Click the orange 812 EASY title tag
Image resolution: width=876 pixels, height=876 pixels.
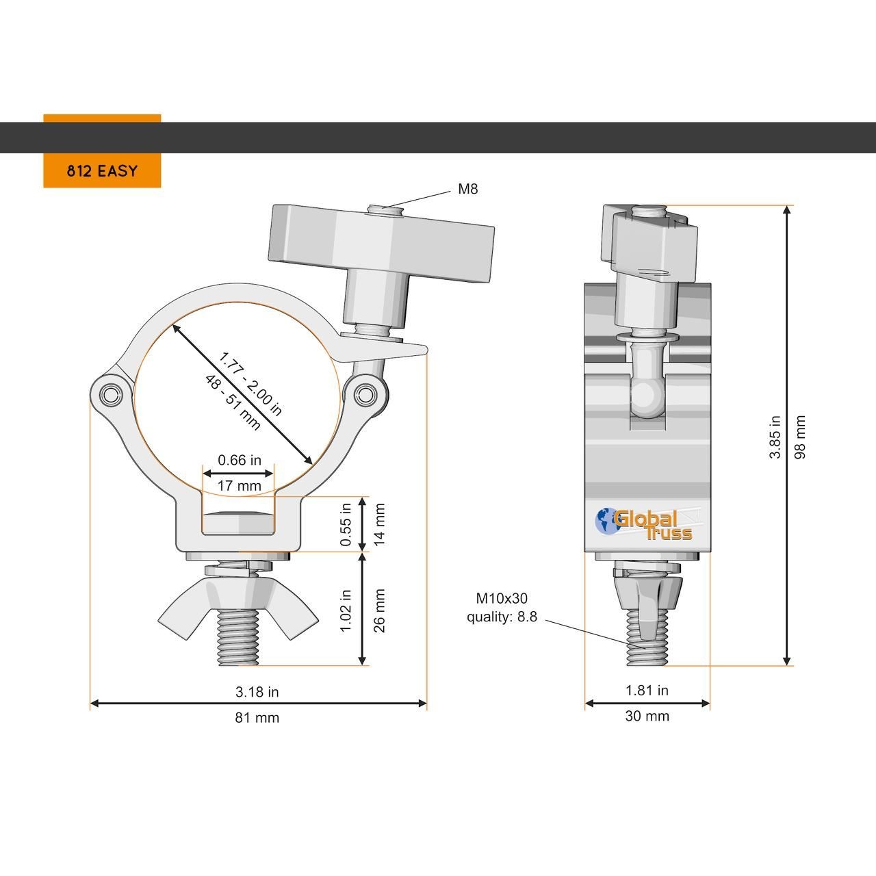pos(102,170)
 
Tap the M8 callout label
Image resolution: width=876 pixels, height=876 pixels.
pos(468,189)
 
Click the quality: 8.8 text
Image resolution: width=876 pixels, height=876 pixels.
pos(502,617)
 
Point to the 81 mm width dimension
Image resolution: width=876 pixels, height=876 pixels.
pos(257,718)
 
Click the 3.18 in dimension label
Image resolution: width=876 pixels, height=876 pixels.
pos(257,692)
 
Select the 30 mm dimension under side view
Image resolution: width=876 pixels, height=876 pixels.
pos(647,716)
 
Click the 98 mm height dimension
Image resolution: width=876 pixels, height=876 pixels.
pos(799,437)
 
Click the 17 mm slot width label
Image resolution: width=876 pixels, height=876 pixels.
pos(239,485)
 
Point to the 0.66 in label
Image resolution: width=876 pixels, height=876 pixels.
pos(239,460)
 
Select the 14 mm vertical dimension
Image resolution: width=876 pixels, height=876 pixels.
pos(378,524)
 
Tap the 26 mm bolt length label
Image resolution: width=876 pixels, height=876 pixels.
pos(378,610)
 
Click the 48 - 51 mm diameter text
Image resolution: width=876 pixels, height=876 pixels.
pos(233,403)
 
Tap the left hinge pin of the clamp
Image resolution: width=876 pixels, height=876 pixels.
pos(109,395)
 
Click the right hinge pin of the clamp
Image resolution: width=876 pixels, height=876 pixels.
pos(365,394)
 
